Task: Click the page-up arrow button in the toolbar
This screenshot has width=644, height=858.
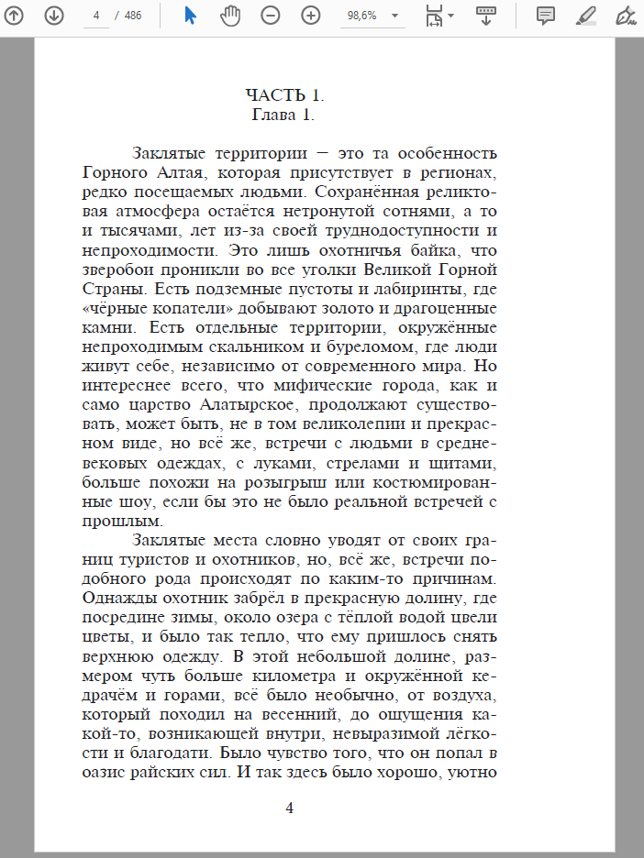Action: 15,16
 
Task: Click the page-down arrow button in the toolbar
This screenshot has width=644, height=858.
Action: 54,16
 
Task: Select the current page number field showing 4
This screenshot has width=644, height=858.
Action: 95,16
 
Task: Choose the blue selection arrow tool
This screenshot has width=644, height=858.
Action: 191,16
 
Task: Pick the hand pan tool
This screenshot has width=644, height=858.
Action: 230,16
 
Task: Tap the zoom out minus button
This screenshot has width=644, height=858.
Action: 270,16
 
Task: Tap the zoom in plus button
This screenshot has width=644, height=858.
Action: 311,16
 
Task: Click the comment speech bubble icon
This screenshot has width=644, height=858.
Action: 546,16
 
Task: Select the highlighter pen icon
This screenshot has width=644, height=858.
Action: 585,16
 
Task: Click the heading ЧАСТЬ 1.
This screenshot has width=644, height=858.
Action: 285,95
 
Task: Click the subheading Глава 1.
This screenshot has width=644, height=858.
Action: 283,115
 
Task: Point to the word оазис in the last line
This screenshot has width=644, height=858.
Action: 105,773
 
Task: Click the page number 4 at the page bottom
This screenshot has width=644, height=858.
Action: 290,808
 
